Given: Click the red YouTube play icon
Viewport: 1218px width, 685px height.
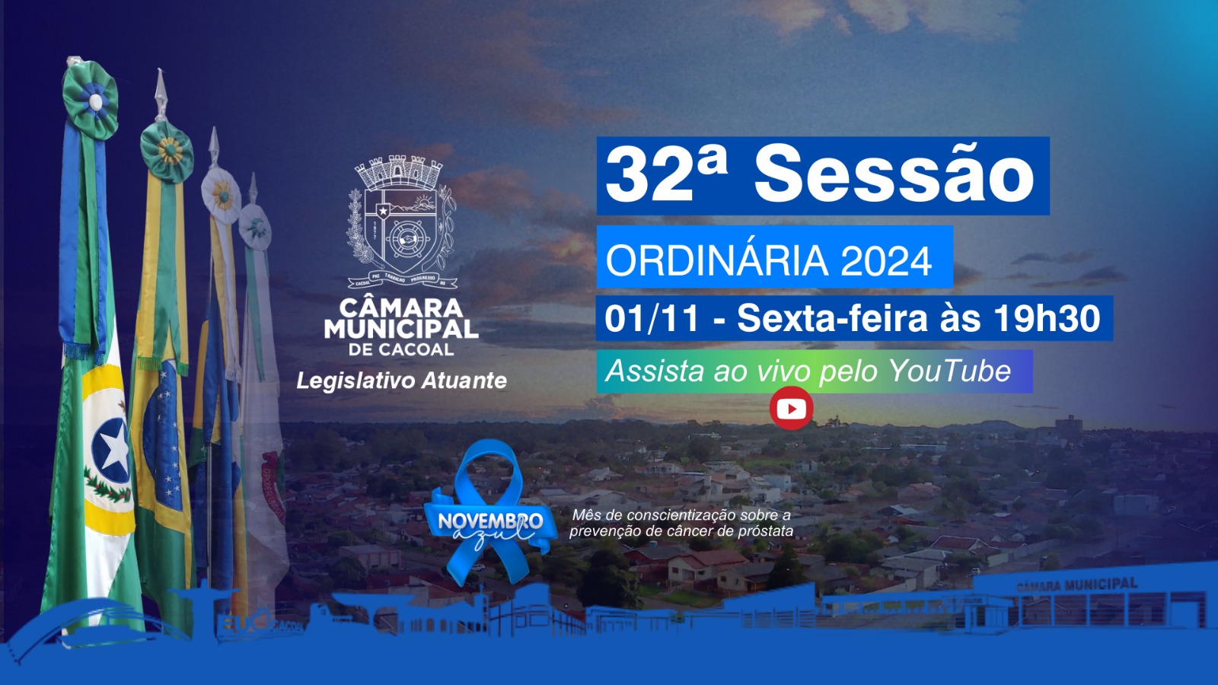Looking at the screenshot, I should click(x=791, y=409).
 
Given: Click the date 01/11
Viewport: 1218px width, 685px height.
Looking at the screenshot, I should click(x=652, y=318).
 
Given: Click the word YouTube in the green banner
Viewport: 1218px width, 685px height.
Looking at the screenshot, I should click(x=949, y=371).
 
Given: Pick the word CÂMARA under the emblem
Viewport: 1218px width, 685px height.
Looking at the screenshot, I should click(x=401, y=308).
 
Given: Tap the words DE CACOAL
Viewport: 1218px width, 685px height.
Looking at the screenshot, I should click(x=401, y=350).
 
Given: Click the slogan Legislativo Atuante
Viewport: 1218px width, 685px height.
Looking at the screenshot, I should click(x=401, y=381).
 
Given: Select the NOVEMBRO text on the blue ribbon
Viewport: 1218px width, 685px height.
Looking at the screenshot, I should click(x=490, y=521).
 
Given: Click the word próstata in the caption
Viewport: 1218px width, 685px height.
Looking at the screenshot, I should click(x=765, y=531).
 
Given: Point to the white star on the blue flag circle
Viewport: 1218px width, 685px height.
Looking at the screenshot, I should click(x=115, y=451).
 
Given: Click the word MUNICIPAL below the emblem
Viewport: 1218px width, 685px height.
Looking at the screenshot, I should click(x=401, y=330).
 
